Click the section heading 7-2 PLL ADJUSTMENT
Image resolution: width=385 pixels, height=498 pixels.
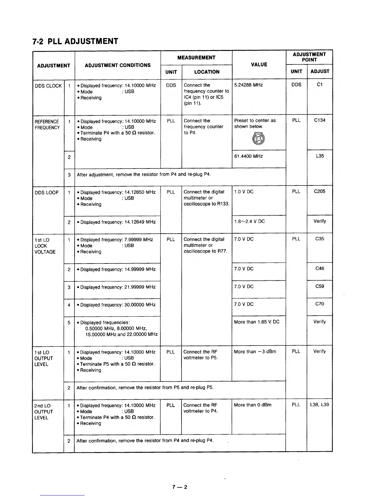(x=75, y=41)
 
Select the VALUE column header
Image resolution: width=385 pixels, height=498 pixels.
(x=259, y=64)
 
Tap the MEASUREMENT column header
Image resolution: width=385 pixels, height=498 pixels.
(x=196, y=58)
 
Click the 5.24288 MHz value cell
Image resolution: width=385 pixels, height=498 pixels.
(x=248, y=85)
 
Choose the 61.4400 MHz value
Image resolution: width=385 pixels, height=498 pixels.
(x=248, y=156)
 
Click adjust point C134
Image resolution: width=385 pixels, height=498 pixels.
(x=320, y=120)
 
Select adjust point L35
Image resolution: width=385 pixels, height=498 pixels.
(x=320, y=156)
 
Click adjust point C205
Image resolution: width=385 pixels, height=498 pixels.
(x=320, y=191)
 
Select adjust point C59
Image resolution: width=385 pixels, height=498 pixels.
(x=320, y=286)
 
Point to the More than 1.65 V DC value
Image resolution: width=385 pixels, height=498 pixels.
(x=257, y=322)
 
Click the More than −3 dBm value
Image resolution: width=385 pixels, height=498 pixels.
(x=255, y=352)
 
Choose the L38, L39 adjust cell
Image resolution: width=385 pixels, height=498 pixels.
(x=320, y=405)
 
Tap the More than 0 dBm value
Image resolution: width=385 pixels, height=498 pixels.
(x=253, y=405)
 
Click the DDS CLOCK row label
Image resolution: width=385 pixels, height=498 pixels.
(x=48, y=86)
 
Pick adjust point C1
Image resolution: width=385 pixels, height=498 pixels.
(x=320, y=85)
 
